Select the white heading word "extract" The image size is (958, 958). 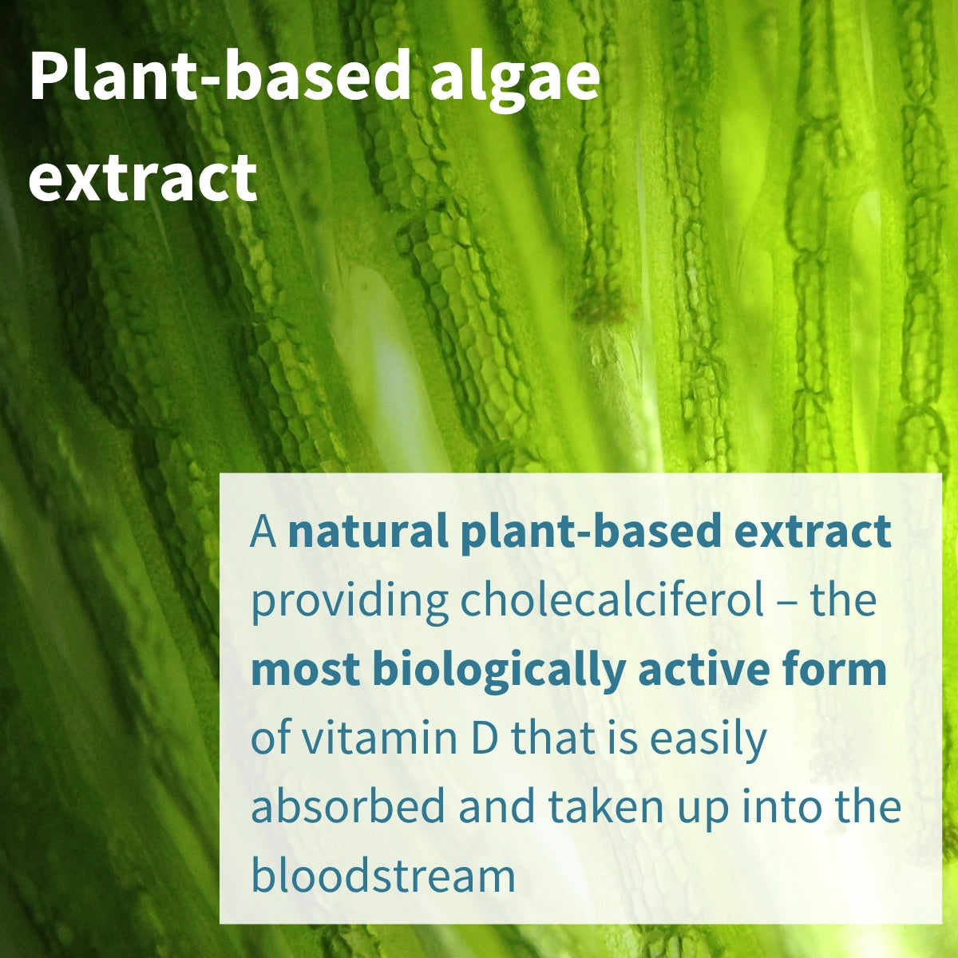(143, 177)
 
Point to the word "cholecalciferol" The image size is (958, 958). (612, 600)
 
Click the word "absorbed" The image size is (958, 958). (347, 807)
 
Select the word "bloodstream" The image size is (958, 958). (383, 876)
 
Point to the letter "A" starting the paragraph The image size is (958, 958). (263, 532)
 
